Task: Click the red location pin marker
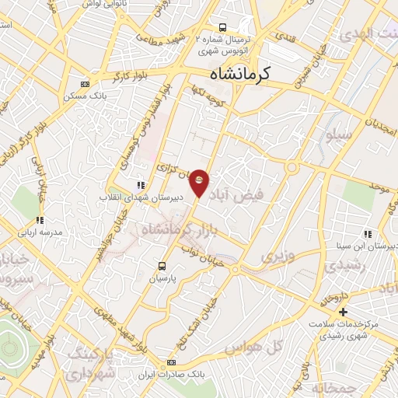click(199, 183)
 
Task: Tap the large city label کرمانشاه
click(239, 75)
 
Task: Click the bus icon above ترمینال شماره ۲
click(223, 26)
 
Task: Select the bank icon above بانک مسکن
click(85, 84)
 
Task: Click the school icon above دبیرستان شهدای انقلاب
click(141, 185)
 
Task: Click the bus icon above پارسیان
click(162, 265)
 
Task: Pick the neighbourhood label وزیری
click(278, 256)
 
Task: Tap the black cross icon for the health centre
click(343, 311)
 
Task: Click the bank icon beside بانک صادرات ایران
click(171, 362)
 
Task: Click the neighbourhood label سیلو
click(339, 135)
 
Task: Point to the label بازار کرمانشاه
click(172, 229)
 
